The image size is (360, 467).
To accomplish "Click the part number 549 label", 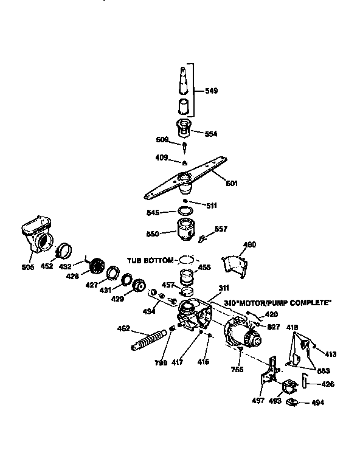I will tap(212, 91).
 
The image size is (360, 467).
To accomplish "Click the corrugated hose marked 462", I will tap(150, 340).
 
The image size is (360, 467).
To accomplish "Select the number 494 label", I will tap(317, 403).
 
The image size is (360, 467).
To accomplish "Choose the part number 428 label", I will tap(73, 277).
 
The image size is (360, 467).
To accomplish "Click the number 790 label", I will tap(161, 362).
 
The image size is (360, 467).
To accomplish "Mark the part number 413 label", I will tap(330, 353).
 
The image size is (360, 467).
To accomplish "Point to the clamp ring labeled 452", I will tap(64, 250).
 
